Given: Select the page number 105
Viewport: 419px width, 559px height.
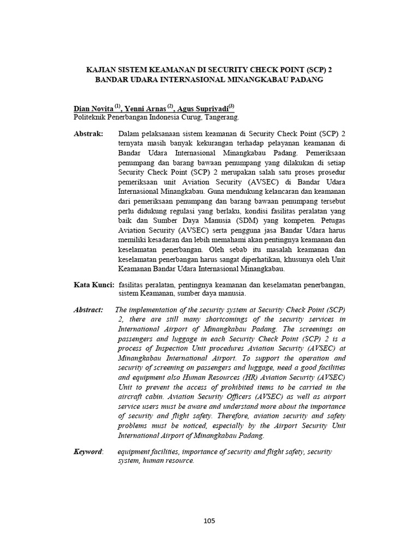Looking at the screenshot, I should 209,520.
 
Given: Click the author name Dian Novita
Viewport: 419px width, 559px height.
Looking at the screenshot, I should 93,108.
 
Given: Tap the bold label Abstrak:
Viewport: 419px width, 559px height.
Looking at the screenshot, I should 88,134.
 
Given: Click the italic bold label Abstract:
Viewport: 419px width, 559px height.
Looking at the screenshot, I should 88,310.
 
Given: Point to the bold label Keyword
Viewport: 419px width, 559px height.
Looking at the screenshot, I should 88,452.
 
